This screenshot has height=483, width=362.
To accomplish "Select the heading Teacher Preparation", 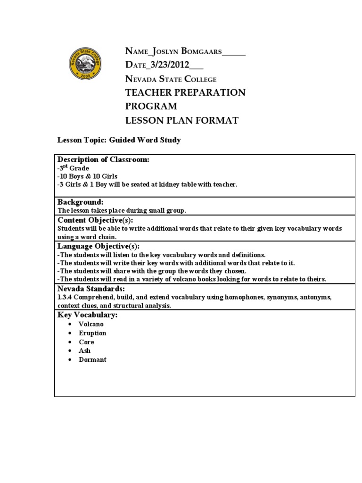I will [185, 92].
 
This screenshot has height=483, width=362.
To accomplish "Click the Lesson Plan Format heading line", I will [181, 120].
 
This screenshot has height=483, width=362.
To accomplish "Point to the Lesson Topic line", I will [119, 141].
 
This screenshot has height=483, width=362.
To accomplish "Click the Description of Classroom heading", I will [103, 160].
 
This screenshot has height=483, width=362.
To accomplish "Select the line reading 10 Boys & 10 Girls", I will [87, 176].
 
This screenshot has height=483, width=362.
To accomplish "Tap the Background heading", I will [81, 202].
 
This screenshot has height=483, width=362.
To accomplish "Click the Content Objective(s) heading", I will [95, 220].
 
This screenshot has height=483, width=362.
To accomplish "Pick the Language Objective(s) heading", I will [99, 246].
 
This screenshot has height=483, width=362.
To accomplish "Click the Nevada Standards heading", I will [91, 289].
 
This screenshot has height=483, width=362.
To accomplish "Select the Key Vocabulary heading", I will [88, 315].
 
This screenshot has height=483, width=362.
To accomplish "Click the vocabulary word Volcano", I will [91, 325].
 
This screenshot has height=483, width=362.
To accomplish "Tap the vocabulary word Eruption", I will [93, 333].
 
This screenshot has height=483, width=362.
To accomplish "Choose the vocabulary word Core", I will [87, 342].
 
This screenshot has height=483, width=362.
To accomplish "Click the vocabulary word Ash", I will [85, 350].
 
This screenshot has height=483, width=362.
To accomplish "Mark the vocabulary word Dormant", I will [93, 359].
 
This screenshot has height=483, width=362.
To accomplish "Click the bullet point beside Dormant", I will [69, 359].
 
